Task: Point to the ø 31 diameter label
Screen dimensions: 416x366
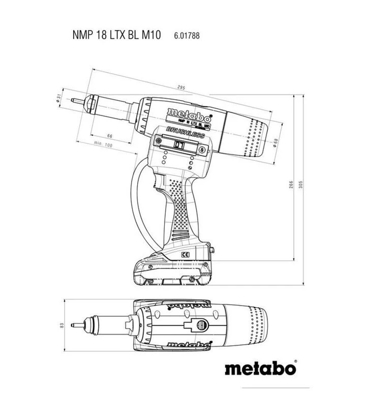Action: [59, 98]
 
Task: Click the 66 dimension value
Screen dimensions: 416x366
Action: [109, 136]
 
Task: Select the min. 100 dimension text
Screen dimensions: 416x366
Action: [103, 145]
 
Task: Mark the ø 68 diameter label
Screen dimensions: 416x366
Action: [275, 142]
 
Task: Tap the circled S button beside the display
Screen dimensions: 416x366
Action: [202, 151]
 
